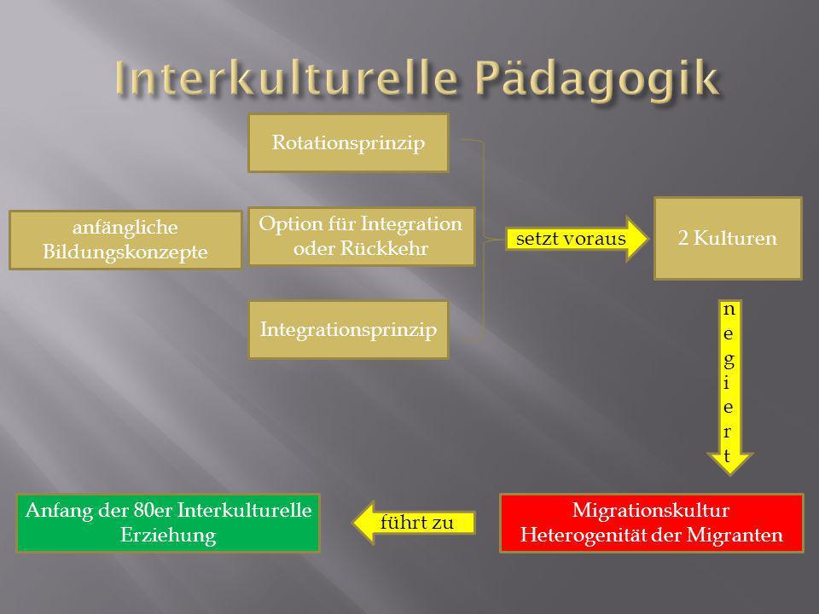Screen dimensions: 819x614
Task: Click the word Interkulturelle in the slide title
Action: tap(287, 78)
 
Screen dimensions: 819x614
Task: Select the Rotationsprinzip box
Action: tap(348, 143)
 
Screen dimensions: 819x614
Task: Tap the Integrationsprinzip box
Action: tap(348, 329)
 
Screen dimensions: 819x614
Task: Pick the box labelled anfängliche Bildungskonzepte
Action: tap(125, 240)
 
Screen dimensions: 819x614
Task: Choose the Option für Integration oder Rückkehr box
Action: tap(362, 236)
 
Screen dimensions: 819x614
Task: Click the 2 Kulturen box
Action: tap(728, 238)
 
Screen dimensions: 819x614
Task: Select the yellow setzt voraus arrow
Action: tap(577, 239)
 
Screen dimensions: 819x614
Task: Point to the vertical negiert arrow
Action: tap(729, 387)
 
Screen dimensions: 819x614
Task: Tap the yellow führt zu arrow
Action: tap(414, 523)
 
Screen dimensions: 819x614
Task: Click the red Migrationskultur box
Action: tap(651, 523)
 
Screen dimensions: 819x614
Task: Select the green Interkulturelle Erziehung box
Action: tap(168, 523)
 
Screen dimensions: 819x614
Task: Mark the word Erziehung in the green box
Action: tap(168, 536)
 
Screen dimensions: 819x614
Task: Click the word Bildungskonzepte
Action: tap(125, 252)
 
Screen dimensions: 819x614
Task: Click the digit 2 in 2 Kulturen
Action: tap(683, 238)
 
